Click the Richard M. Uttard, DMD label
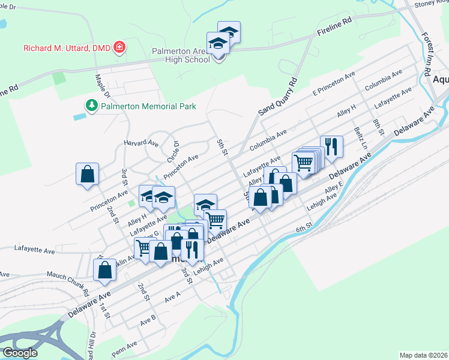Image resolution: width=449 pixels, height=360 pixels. coord(67,47)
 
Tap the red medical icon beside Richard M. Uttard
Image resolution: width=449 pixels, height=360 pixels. coord(119,47)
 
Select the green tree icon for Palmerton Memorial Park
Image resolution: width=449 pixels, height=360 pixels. coord(91,106)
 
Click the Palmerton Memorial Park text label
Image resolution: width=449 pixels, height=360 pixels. coord(148,107)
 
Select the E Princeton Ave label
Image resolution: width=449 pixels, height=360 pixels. coord(334,83)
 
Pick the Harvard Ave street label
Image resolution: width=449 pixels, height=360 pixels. coord(140,143)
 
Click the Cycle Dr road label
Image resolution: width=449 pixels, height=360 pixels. coord(176,148)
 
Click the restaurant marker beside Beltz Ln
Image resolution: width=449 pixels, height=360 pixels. coord(331,146)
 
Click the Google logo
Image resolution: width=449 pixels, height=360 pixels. coord(19,353)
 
